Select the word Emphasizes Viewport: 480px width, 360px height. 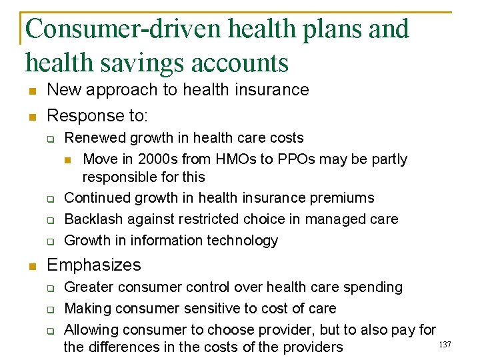click(94, 265)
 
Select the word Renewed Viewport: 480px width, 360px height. click(94, 138)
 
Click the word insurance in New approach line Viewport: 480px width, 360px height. click(275, 90)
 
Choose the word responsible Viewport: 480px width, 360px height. click(118, 177)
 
